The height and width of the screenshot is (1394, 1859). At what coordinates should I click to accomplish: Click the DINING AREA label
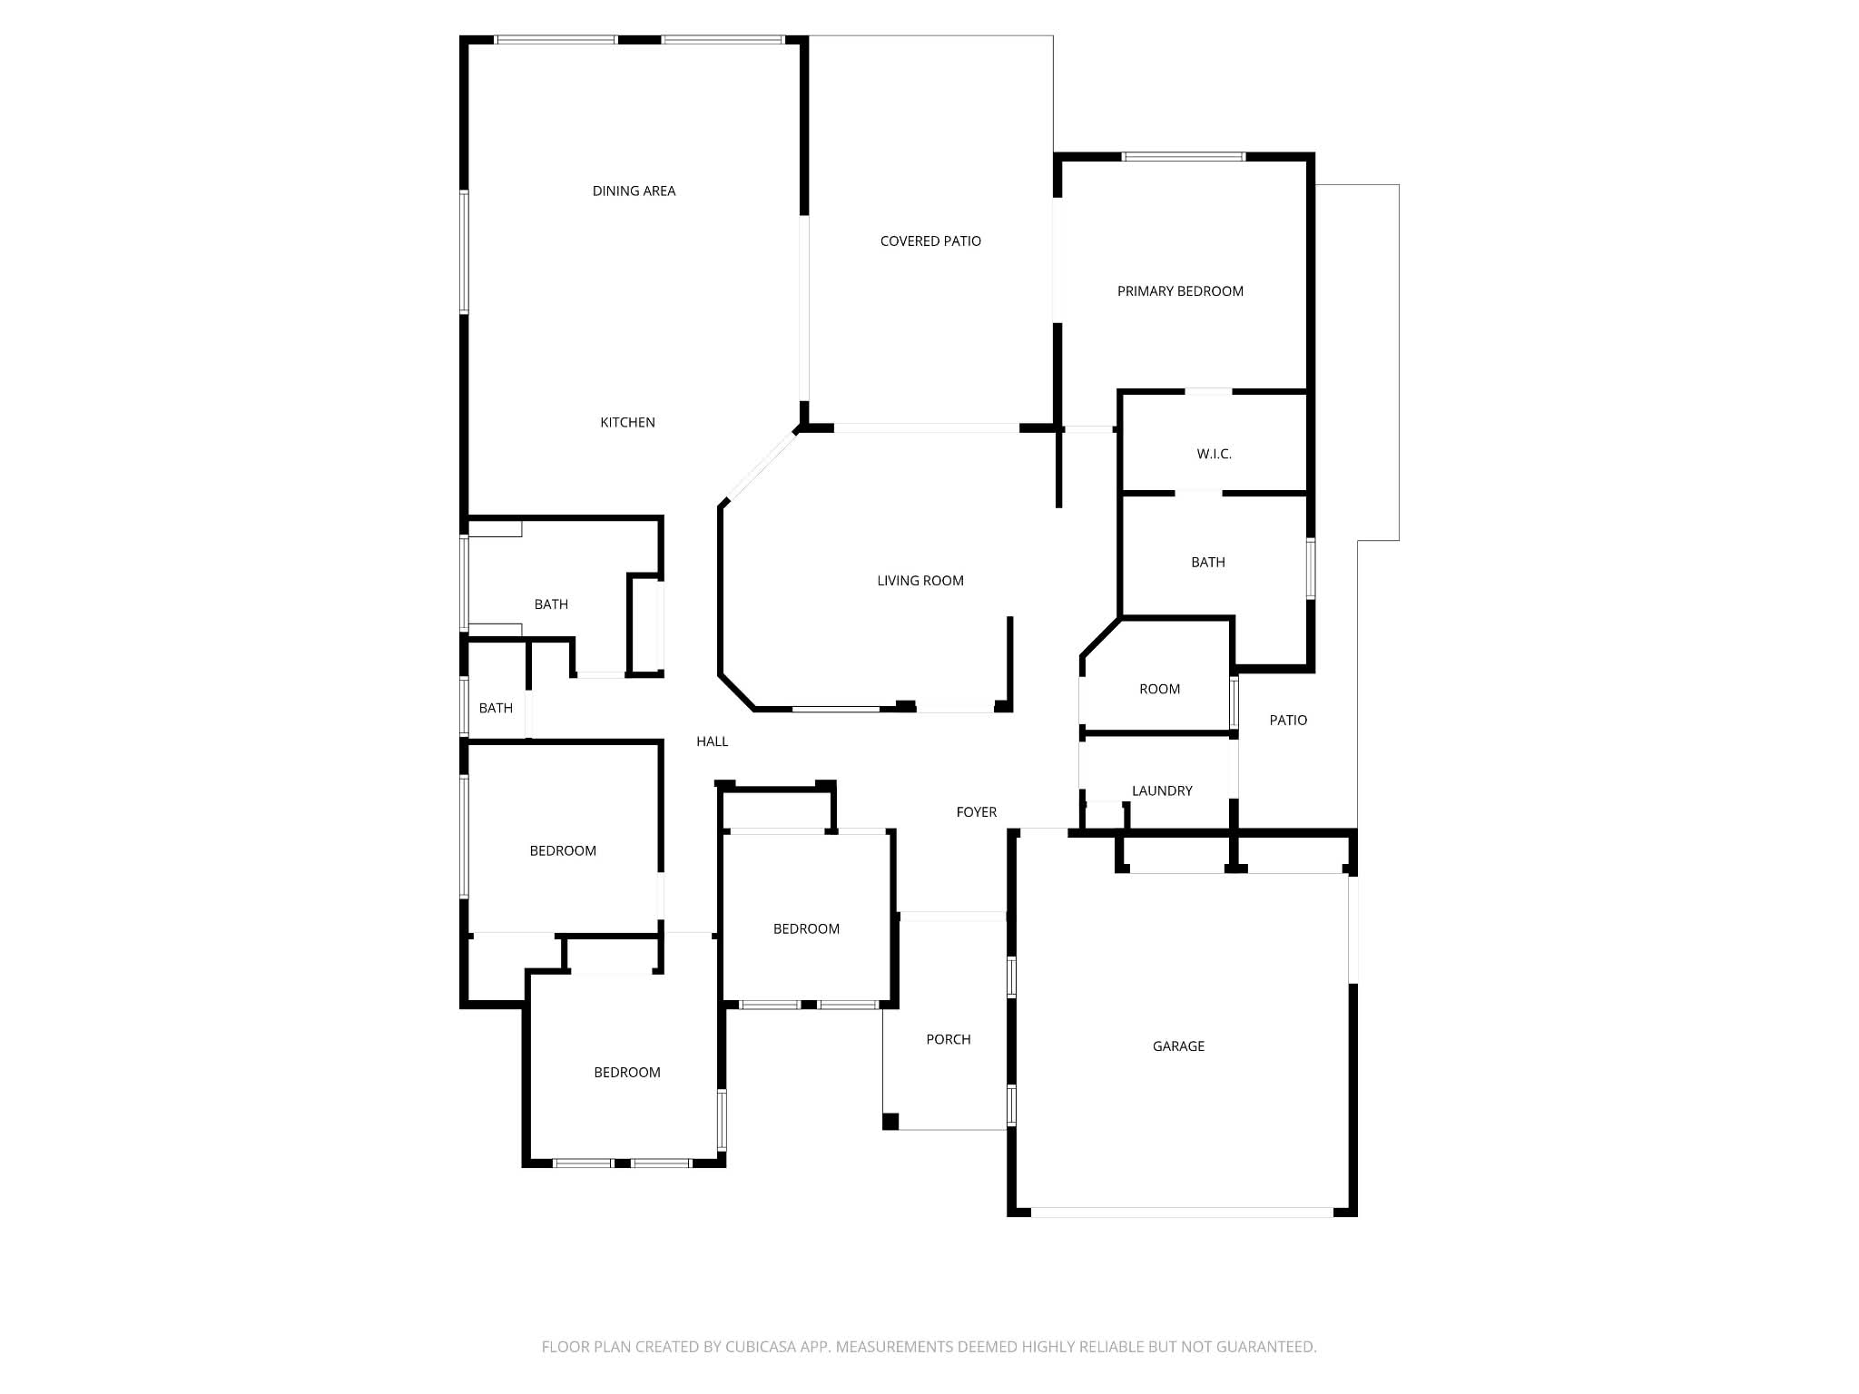click(x=634, y=191)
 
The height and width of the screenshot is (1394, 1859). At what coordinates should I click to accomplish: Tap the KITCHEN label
click(x=627, y=422)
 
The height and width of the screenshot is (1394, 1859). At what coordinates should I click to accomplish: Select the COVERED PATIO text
click(x=930, y=241)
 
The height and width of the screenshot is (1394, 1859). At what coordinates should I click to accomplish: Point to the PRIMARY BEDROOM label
click(x=1180, y=291)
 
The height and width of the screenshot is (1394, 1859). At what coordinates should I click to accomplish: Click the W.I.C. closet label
click(x=1214, y=454)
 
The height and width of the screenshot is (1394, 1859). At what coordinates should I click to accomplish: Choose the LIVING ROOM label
click(x=920, y=581)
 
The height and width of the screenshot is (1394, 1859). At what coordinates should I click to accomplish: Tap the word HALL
click(x=713, y=741)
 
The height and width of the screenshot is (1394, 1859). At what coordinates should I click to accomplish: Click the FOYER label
click(x=977, y=812)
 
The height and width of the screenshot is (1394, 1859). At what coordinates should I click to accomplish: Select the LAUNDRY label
click(x=1162, y=790)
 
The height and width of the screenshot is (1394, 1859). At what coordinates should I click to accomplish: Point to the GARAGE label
click(x=1178, y=1046)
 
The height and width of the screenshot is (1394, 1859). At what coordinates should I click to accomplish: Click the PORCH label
click(x=949, y=1039)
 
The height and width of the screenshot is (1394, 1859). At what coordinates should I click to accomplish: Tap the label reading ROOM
click(x=1160, y=689)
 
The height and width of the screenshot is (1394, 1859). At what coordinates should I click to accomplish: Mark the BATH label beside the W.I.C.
click(x=1208, y=563)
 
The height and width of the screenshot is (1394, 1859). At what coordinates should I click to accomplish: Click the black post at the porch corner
click(x=890, y=1122)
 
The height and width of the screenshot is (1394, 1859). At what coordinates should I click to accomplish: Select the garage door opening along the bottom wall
click(x=1182, y=1212)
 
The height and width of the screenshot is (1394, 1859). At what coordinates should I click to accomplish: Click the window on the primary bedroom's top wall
click(x=1184, y=157)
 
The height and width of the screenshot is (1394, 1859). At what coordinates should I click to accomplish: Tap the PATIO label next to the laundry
click(x=1288, y=721)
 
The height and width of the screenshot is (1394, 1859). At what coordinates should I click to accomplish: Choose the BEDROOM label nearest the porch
click(x=806, y=928)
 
